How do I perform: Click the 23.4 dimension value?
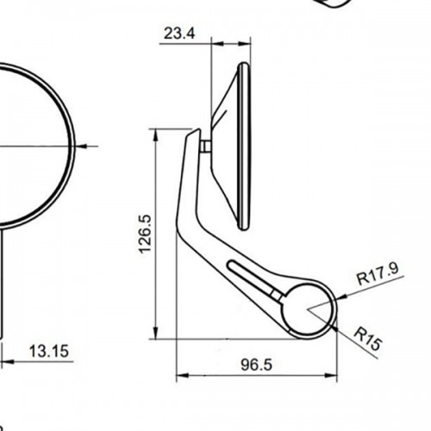pyautogui.click(x=178, y=34)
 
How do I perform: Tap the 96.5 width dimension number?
pyautogui.click(x=256, y=365)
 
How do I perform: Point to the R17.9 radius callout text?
pyautogui.click(x=377, y=277)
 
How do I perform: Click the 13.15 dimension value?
pyautogui.click(x=49, y=351)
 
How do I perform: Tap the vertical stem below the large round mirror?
pyautogui.click(x=5, y=284)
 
